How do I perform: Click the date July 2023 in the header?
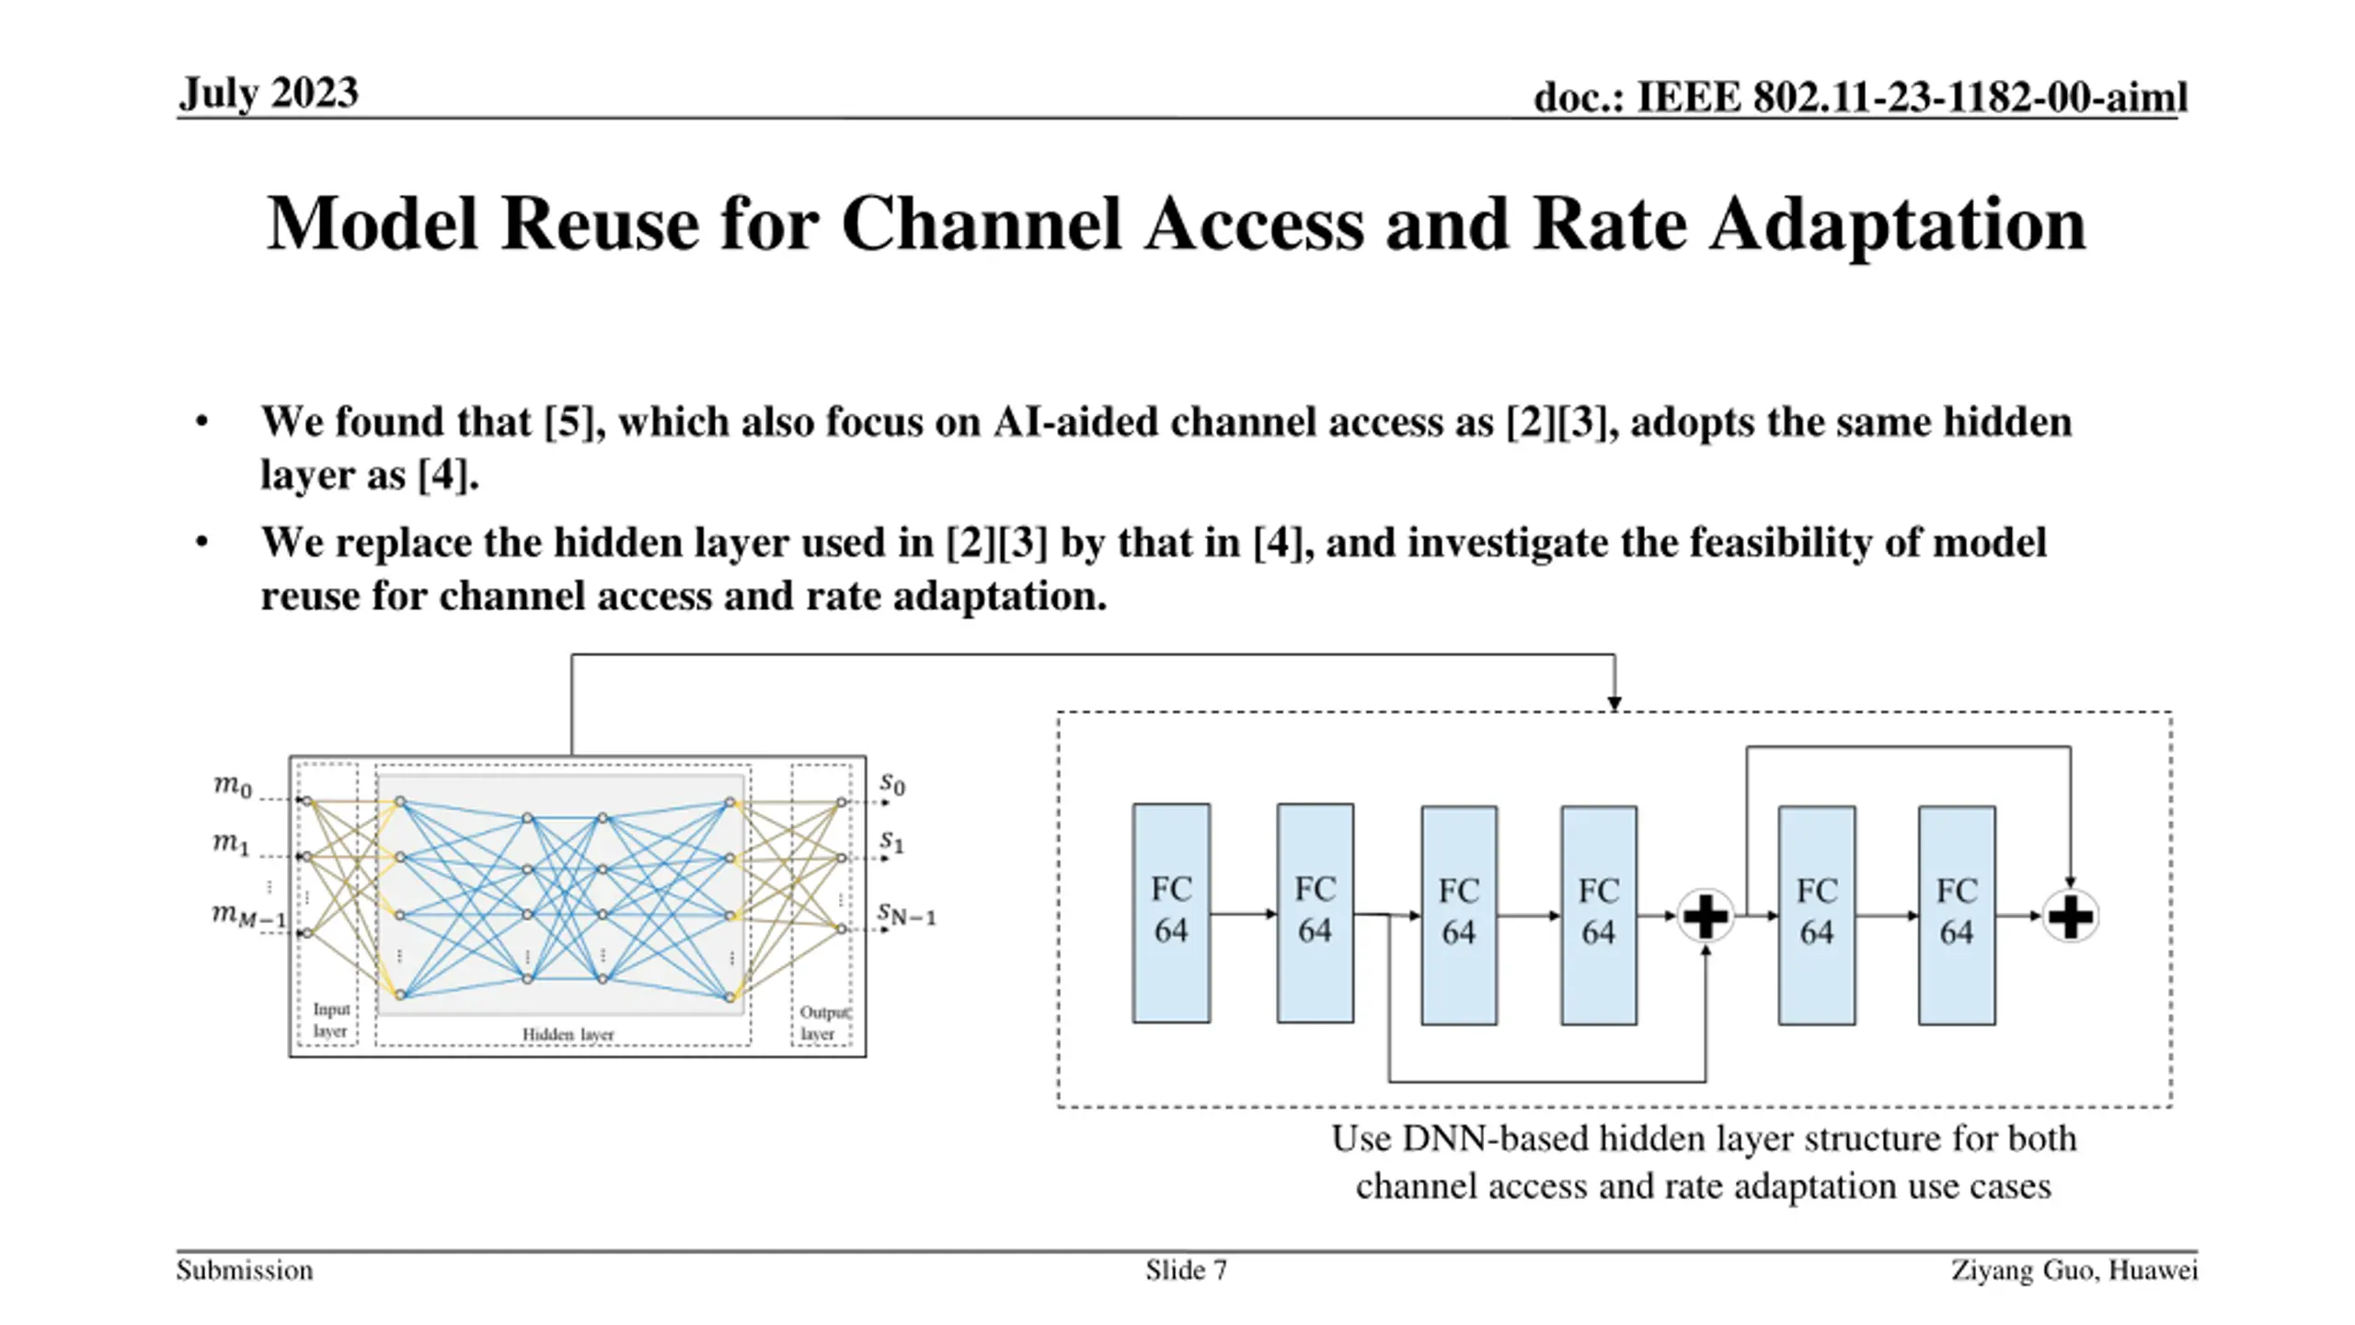coord(269,94)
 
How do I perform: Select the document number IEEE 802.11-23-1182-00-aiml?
coord(1912,98)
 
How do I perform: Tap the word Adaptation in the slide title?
coord(1898,225)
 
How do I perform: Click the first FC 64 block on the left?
coord(1171,913)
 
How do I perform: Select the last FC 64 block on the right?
coord(1957,915)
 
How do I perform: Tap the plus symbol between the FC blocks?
coord(1706,916)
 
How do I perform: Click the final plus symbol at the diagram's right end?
coord(2070,916)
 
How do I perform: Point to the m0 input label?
coord(233,787)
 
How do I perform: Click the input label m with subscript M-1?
coord(249,916)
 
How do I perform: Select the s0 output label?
coord(892,784)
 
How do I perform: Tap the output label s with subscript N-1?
coord(906,915)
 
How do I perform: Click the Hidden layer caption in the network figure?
coord(568,1034)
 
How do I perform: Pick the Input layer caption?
coord(331,1020)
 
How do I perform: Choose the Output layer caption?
coord(824,1023)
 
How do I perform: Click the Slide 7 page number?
coord(1186,1271)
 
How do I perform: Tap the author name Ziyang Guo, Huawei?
coord(2074,1271)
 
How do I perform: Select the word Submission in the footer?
coord(245,1271)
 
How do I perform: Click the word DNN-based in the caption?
coord(1497,1139)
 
